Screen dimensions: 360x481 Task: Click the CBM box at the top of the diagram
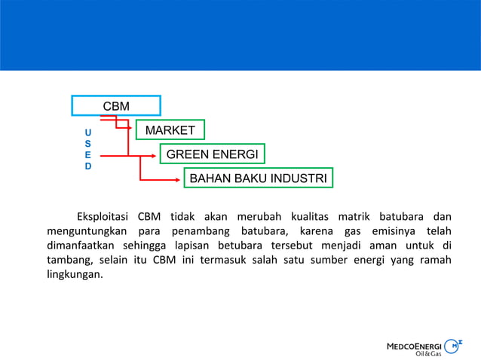116,106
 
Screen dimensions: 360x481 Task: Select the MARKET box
170,131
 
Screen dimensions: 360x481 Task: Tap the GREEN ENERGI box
212,155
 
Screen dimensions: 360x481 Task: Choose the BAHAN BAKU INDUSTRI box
258,179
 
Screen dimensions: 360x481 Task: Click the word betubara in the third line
229,246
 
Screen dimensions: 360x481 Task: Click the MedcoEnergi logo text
413,346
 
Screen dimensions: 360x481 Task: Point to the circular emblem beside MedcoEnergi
455,346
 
